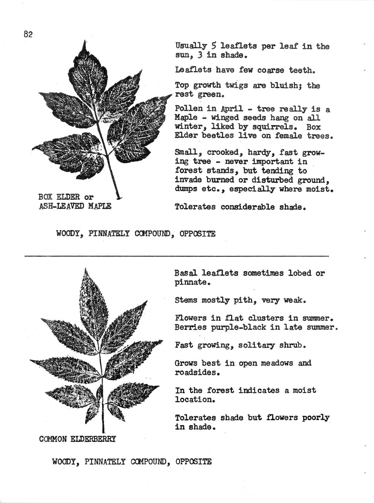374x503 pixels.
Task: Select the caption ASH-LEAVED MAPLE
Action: [75, 206]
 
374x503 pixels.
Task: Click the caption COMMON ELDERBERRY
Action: [77, 439]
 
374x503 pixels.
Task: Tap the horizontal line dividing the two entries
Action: [176, 256]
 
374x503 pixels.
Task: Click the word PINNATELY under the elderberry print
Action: [105, 462]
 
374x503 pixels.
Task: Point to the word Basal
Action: [186, 273]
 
